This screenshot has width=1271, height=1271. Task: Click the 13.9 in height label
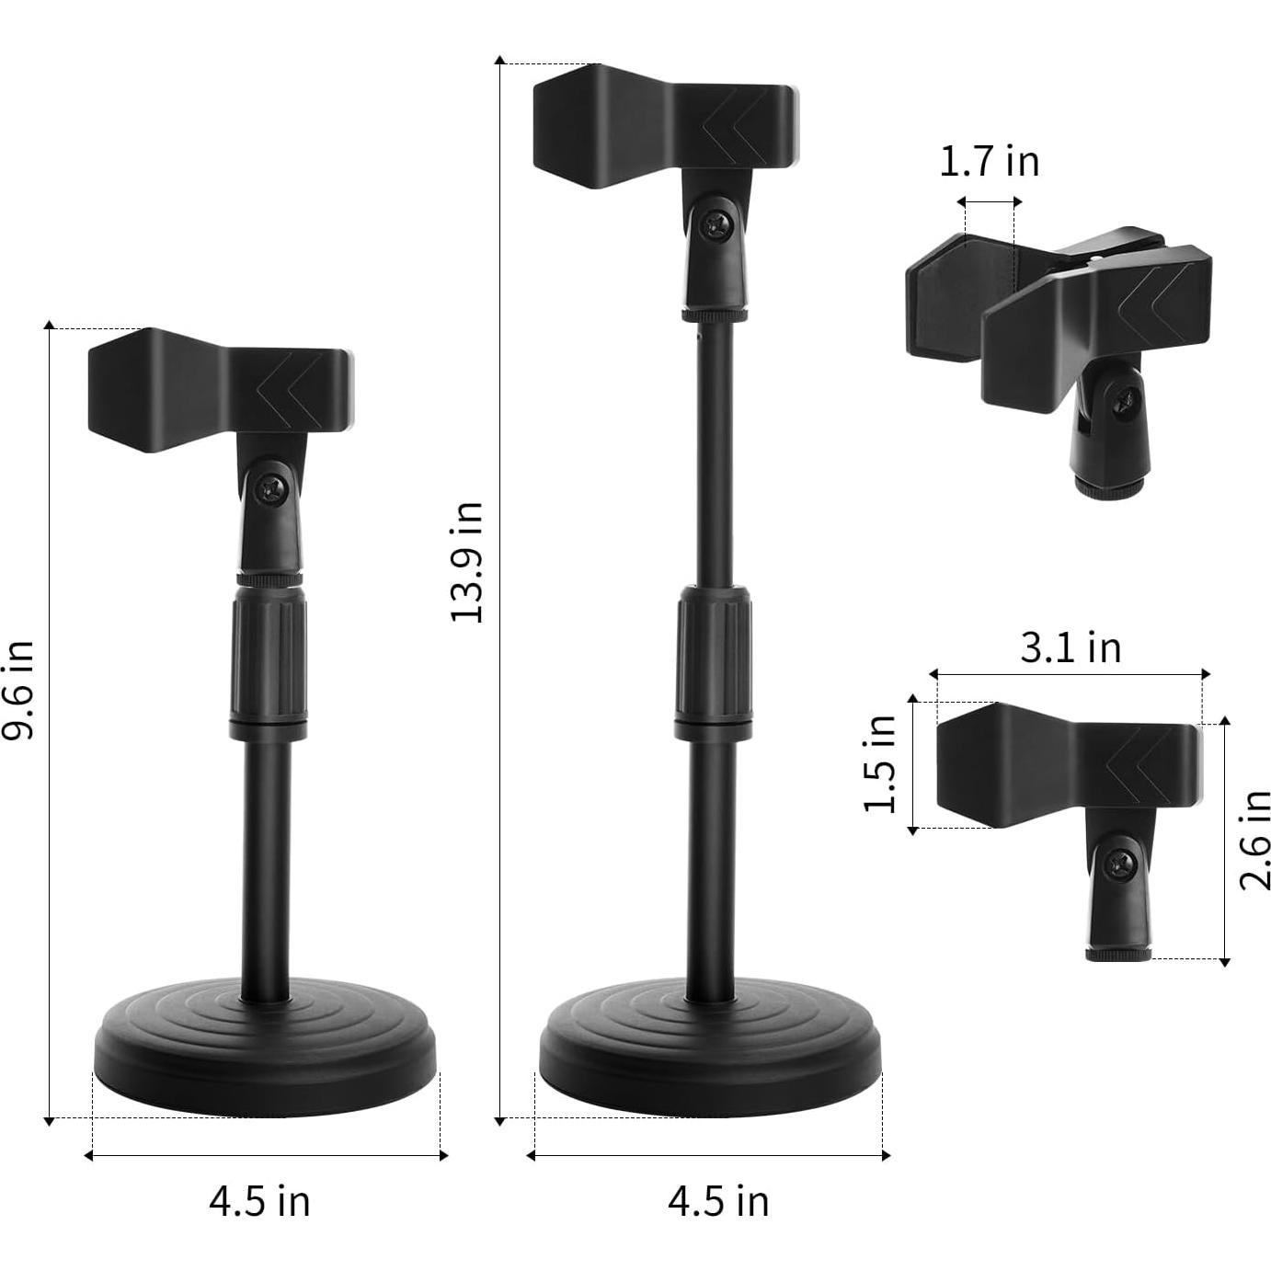(467, 563)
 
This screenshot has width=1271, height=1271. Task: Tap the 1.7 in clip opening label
(989, 162)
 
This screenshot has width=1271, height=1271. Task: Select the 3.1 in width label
(1071, 647)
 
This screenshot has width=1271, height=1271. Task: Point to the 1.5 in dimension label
(880, 763)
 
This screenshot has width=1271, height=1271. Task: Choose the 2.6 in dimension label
(1254, 839)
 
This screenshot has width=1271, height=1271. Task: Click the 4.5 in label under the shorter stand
(259, 1201)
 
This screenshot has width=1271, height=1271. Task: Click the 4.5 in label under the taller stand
(717, 1201)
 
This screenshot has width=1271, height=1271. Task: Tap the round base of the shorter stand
(267, 1039)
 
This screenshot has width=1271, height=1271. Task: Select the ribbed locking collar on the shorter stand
(269, 658)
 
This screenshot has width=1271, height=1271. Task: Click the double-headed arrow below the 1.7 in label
(989, 202)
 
